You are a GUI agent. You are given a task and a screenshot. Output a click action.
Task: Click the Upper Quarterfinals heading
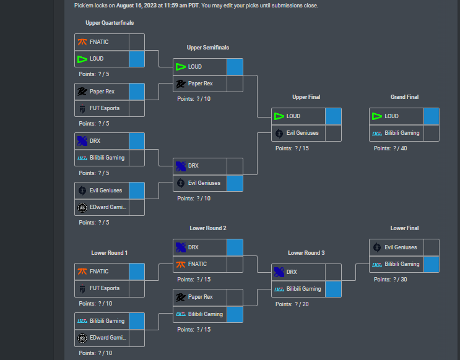click(110, 23)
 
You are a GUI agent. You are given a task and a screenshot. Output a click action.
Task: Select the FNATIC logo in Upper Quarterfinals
click(82, 42)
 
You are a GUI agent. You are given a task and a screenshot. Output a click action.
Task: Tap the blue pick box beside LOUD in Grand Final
click(431, 116)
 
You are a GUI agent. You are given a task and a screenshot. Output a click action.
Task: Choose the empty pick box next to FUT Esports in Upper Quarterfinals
click(136, 108)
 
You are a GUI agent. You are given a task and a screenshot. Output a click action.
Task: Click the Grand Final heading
click(404, 97)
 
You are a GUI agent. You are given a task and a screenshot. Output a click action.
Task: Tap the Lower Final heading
click(404, 228)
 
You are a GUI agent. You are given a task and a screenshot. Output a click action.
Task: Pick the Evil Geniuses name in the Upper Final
click(303, 133)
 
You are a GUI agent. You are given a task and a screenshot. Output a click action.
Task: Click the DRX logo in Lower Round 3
click(279, 272)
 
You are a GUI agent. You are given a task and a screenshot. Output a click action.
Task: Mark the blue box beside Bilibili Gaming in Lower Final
click(431, 264)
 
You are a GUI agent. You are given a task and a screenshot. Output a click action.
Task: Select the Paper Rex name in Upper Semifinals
click(200, 84)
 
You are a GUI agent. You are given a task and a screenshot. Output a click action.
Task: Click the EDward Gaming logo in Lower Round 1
click(82, 338)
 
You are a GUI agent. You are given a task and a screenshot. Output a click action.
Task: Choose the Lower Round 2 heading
click(207, 228)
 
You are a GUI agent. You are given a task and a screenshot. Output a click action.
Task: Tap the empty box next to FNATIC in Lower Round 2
click(235, 264)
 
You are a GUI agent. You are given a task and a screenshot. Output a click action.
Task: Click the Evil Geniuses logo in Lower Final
click(377, 247)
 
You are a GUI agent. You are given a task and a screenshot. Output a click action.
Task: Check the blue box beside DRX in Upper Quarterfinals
click(136, 141)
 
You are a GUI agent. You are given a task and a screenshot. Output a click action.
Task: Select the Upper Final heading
click(306, 97)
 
